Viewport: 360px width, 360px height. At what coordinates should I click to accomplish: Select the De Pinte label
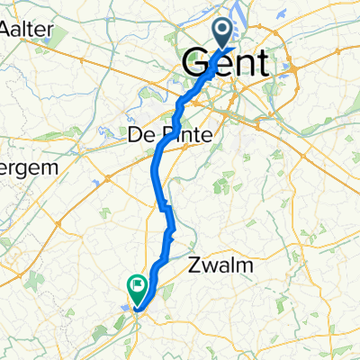166,134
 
